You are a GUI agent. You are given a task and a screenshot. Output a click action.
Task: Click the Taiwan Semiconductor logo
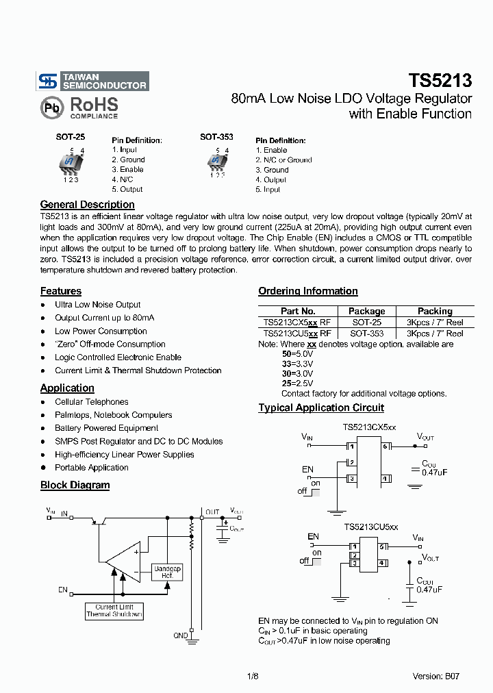point(92,81)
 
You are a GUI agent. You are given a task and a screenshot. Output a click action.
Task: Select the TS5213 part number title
point(440,81)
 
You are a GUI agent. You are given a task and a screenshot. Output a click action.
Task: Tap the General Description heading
point(87,205)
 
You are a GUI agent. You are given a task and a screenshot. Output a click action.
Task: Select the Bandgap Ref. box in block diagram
point(167,572)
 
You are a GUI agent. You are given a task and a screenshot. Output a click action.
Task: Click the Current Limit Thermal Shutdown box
point(114,611)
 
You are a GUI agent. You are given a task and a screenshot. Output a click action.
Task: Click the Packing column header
point(435,311)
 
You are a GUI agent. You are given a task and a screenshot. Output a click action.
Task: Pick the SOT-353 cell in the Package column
point(367,333)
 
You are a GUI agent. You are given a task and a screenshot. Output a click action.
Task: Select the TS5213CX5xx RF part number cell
point(296,322)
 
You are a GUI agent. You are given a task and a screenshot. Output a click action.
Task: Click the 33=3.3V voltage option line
point(297,364)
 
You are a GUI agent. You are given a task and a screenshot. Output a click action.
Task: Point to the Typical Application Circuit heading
point(321,408)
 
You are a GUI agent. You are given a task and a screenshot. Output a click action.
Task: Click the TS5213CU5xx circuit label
point(370,527)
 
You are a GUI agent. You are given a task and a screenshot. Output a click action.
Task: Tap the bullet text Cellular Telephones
point(92,402)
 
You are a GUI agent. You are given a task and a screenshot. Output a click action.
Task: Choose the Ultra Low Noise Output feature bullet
point(98,305)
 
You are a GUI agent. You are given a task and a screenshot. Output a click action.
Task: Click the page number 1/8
point(252,676)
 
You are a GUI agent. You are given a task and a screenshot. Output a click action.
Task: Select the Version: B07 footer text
point(435,676)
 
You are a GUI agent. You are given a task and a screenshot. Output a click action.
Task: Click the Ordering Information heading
point(308,292)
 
